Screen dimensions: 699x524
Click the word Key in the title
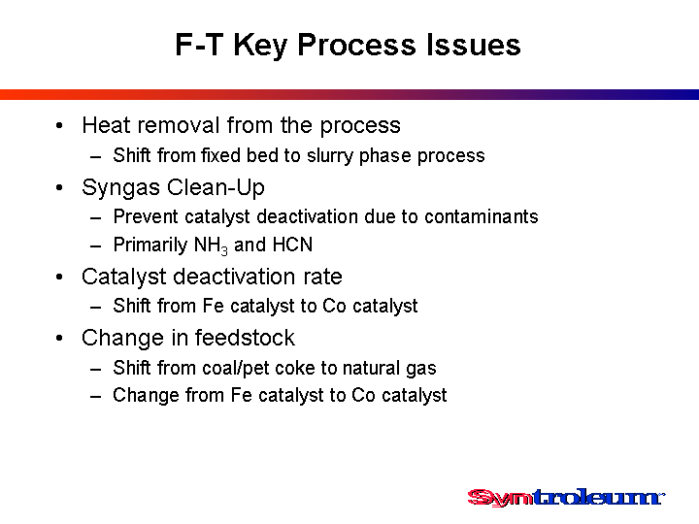point(260,46)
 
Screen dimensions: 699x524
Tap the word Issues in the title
point(474,45)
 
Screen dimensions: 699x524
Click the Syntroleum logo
point(566,498)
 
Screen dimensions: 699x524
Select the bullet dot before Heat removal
point(60,125)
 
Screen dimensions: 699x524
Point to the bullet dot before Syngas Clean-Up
point(60,187)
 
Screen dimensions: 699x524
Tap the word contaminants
point(481,216)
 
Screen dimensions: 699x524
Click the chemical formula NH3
point(211,246)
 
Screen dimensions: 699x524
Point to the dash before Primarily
point(95,246)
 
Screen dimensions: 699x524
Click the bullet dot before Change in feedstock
point(60,339)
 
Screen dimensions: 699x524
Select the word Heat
point(108,125)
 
